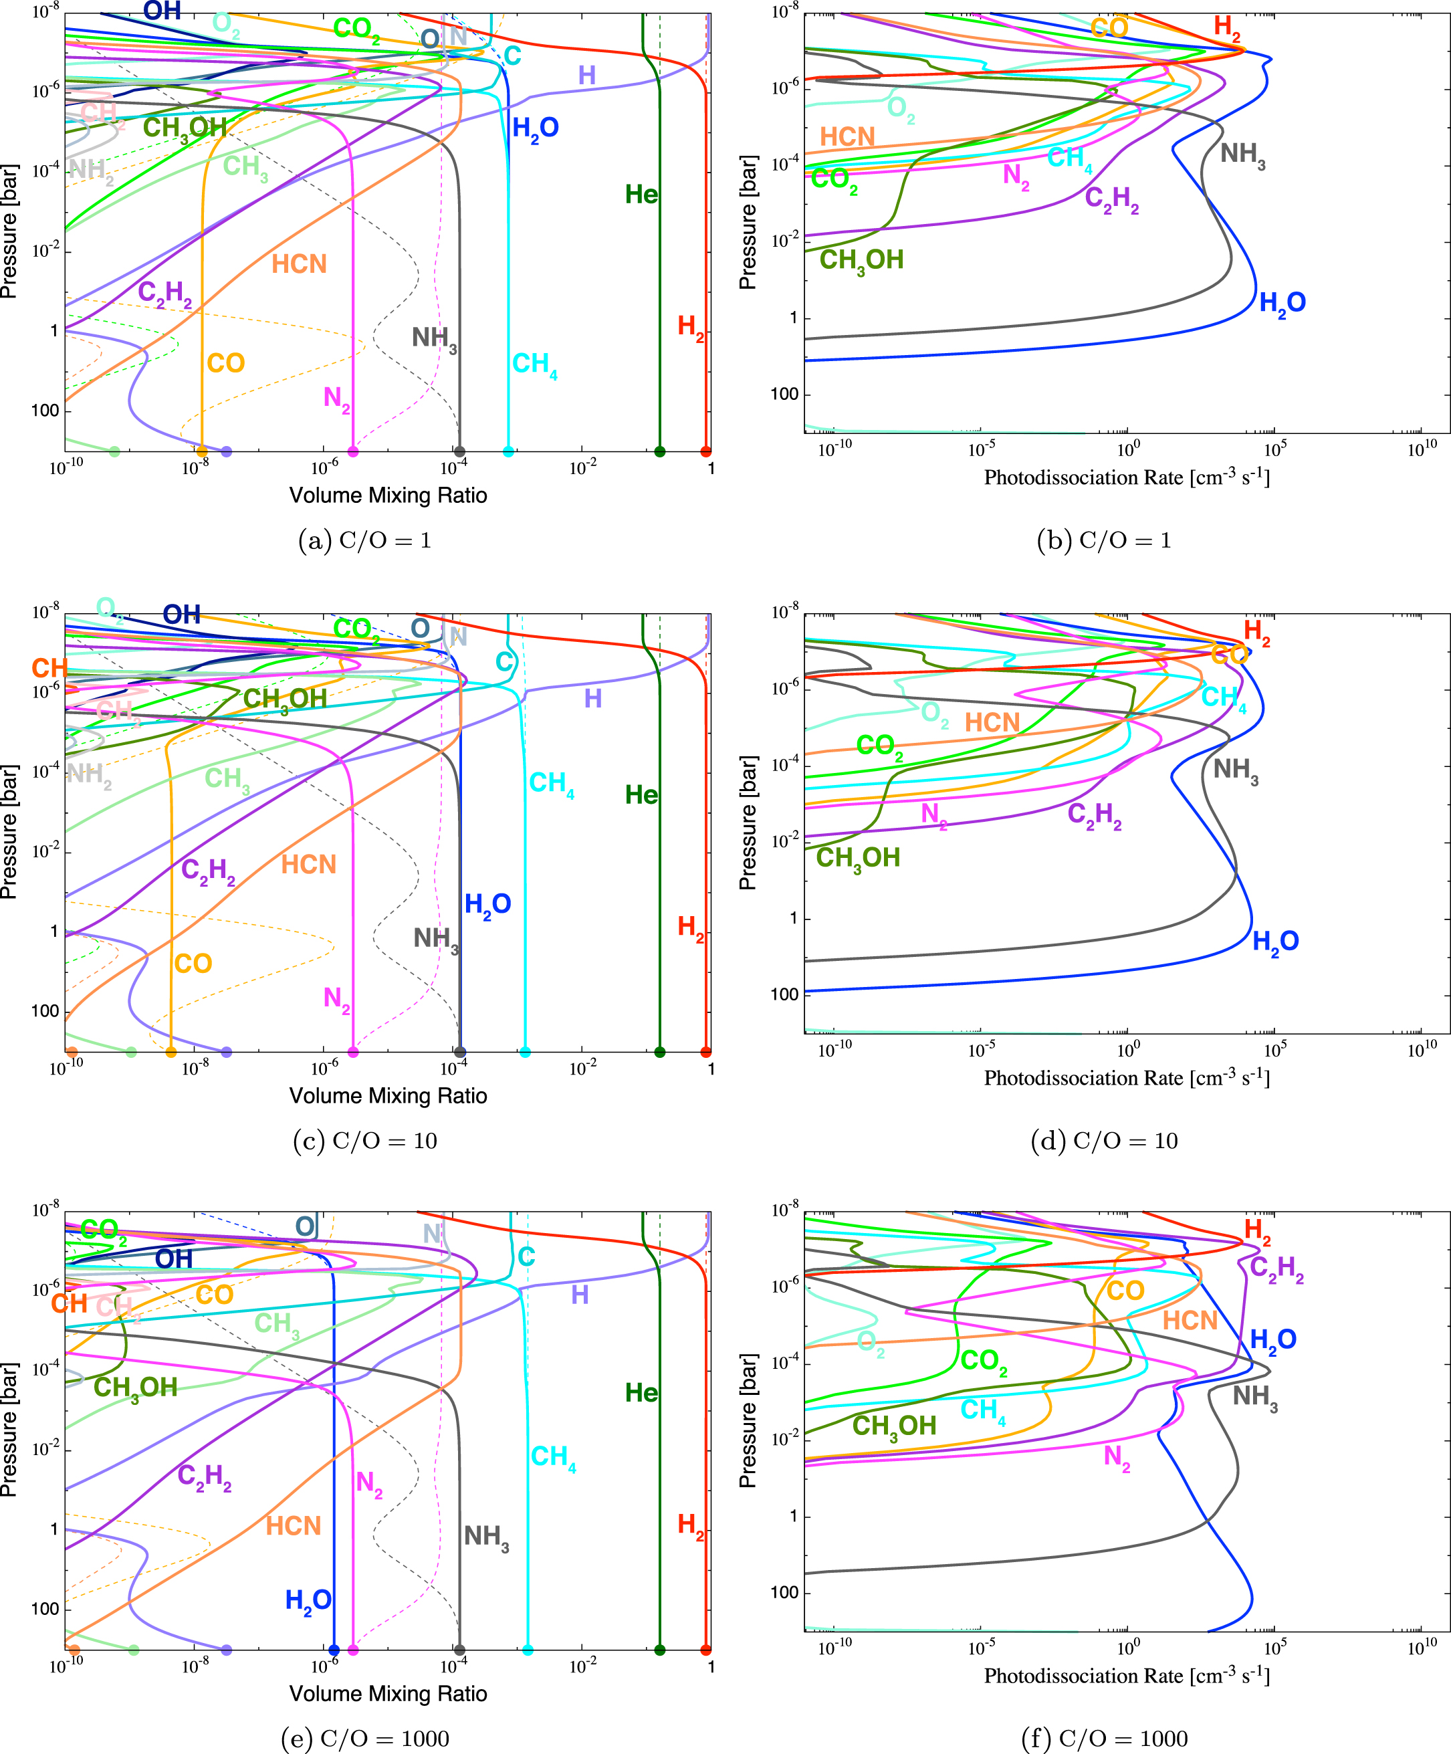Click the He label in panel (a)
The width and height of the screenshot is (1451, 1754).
point(641,195)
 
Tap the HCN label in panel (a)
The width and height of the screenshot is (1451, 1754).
point(299,264)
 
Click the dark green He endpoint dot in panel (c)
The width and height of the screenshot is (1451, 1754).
point(660,1052)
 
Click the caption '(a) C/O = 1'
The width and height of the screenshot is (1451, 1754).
point(364,540)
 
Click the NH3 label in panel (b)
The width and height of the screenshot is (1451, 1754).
point(1242,154)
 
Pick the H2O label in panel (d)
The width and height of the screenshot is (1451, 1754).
point(1276,942)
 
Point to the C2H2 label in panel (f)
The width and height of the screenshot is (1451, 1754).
point(1276,1268)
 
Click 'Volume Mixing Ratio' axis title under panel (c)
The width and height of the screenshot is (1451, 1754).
point(388,1096)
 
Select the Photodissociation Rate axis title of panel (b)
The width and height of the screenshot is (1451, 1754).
point(1127,477)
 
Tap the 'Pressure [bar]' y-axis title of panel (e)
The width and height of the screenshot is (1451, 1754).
point(9,1429)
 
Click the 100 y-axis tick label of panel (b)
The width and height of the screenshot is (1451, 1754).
point(784,395)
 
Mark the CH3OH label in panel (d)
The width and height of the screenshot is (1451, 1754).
point(858,858)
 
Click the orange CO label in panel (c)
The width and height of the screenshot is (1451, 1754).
point(193,963)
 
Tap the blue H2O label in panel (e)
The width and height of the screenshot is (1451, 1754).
point(308,1600)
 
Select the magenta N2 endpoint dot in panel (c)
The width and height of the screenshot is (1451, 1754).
point(353,1052)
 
